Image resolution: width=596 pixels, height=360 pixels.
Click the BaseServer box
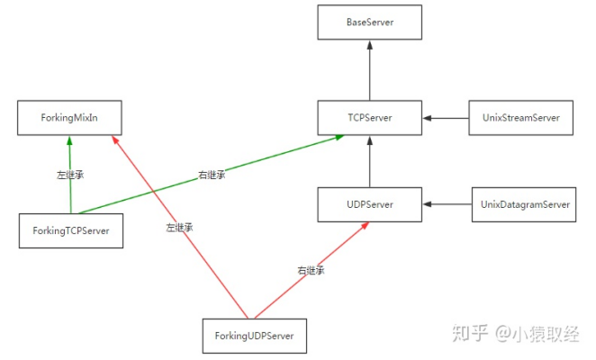point(369,22)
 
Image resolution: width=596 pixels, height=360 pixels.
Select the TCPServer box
point(369,118)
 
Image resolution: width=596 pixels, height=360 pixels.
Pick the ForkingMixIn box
point(70,118)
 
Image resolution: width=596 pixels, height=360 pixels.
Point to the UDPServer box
point(369,204)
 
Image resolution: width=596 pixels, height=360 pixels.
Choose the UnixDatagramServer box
point(522,204)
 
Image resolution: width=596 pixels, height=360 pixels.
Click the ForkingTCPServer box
point(70,230)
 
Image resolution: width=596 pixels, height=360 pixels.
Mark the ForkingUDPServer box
point(255,336)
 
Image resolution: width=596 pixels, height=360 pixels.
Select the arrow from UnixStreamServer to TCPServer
point(446,118)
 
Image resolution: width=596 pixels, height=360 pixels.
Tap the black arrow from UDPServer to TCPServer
point(369,161)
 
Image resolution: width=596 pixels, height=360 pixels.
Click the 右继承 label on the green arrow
point(211,175)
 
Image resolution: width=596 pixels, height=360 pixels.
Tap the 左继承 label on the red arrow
point(178,228)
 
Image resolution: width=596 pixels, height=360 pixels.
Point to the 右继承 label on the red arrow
point(312,269)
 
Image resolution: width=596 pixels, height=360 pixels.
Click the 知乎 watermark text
point(469,333)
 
